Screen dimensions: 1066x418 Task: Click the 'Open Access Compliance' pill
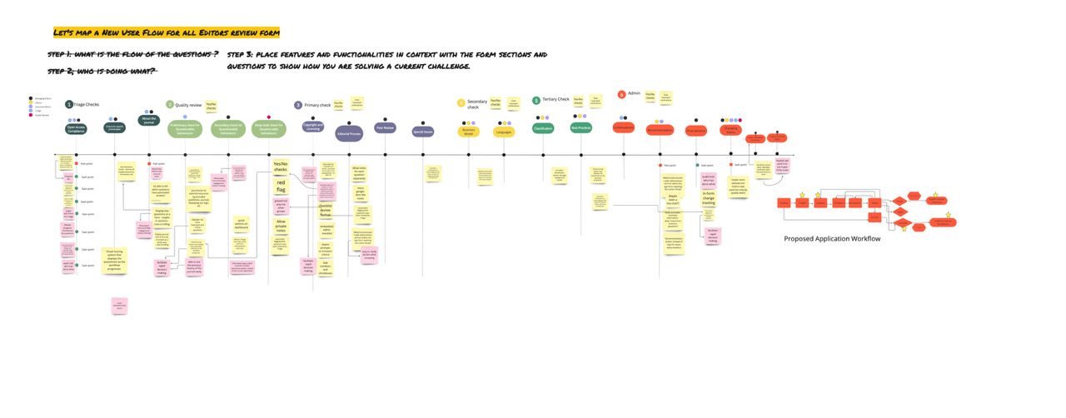point(76,129)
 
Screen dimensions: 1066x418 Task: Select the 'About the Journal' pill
point(149,121)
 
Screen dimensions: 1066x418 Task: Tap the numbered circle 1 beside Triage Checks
point(69,105)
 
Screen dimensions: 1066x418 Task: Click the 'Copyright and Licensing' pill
point(313,127)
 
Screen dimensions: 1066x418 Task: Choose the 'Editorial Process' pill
point(349,133)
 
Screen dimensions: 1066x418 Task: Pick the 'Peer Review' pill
point(385,128)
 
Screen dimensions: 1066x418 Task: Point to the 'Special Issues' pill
point(422,132)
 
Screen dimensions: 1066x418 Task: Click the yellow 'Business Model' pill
point(469,132)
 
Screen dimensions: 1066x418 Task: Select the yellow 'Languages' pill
point(504,132)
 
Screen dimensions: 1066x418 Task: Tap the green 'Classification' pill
point(543,128)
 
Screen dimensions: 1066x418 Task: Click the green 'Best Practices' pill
point(580,127)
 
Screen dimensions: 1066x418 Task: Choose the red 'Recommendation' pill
point(660,130)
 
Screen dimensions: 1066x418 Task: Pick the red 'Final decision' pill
point(695,131)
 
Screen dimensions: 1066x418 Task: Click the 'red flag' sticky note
point(281,187)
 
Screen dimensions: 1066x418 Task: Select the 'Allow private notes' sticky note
point(281,226)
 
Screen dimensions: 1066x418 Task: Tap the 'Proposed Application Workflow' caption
point(831,239)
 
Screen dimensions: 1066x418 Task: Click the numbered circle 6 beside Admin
point(621,94)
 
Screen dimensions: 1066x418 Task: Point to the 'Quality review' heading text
point(188,106)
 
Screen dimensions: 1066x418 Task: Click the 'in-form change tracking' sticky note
point(708,197)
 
